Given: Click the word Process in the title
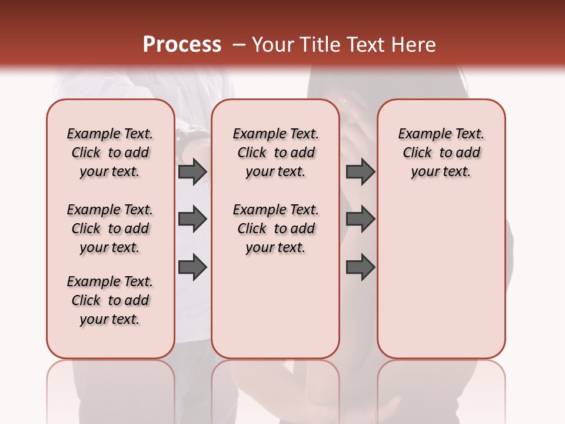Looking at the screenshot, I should (x=182, y=45).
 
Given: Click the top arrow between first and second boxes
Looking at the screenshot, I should (x=192, y=172).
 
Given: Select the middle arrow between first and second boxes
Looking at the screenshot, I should (x=192, y=220).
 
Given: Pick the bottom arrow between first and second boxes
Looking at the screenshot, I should (x=192, y=267).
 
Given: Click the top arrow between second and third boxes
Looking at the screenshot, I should (x=360, y=172).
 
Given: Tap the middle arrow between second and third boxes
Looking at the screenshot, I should (x=360, y=220).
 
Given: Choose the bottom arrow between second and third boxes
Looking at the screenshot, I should (x=360, y=267).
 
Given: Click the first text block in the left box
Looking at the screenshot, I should (x=110, y=153).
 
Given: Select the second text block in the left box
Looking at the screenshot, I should (x=110, y=228).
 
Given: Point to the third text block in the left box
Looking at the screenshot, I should (x=110, y=300).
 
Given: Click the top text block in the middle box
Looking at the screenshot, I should (x=275, y=153).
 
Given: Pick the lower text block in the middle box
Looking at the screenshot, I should (x=275, y=228).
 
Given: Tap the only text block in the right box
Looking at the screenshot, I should (x=441, y=153).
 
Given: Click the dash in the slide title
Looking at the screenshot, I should (x=238, y=45).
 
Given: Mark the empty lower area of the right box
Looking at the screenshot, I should (x=441, y=277).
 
